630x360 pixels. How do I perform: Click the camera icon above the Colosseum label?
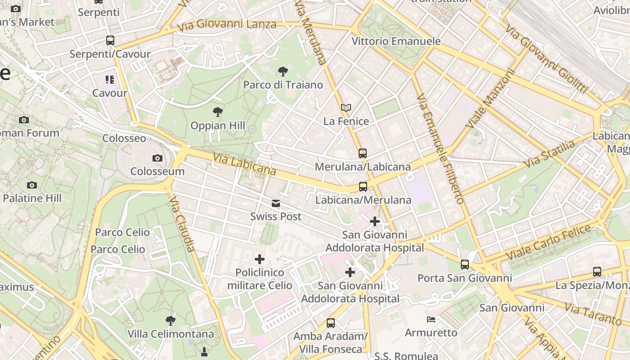pos(157,158)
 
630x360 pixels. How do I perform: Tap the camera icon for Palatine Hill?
pos(31,185)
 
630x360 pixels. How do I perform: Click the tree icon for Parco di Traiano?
pos(283,71)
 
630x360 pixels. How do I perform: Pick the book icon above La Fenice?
pos(346,108)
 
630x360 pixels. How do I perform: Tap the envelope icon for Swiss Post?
pos(276,203)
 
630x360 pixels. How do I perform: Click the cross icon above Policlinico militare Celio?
pos(260,259)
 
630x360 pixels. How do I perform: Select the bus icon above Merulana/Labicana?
pos(363,153)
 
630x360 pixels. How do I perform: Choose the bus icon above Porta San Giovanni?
pos(465,265)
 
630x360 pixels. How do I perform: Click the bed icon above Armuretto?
pos(431,319)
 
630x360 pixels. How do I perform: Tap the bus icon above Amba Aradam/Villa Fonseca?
pos(331,323)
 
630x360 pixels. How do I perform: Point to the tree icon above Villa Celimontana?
pos(170,321)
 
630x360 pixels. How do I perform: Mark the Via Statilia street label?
pos(550,154)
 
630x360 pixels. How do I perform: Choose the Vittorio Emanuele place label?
pos(396,41)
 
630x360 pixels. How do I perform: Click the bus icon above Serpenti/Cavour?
pos(110,40)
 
